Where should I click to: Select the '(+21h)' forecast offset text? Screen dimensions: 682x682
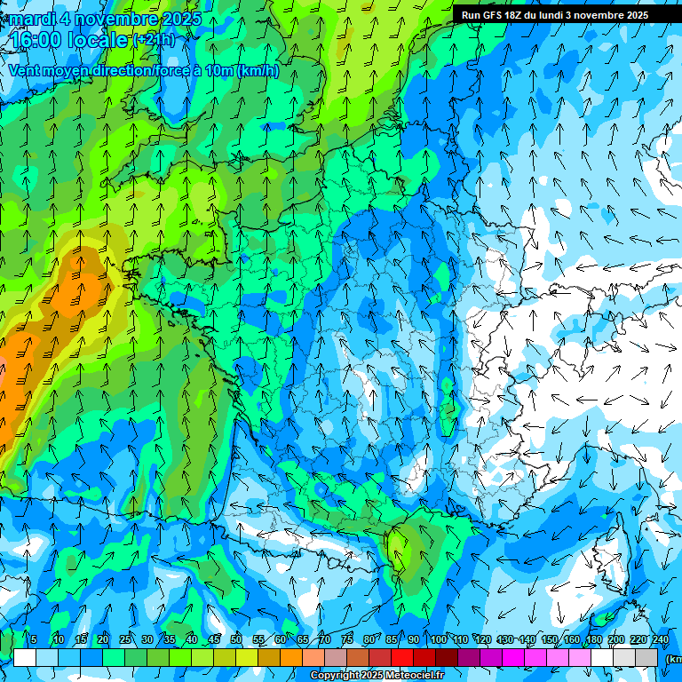point(154,40)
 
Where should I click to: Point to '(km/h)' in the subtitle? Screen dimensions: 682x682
point(258,70)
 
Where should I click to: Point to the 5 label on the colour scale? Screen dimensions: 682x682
point(34,639)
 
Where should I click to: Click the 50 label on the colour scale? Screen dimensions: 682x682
point(236,639)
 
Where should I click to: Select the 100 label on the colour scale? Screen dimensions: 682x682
point(437,639)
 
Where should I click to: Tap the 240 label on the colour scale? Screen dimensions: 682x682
point(661,639)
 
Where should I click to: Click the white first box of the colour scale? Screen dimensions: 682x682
point(25,657)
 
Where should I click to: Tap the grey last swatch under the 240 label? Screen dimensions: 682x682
point(647,657)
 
